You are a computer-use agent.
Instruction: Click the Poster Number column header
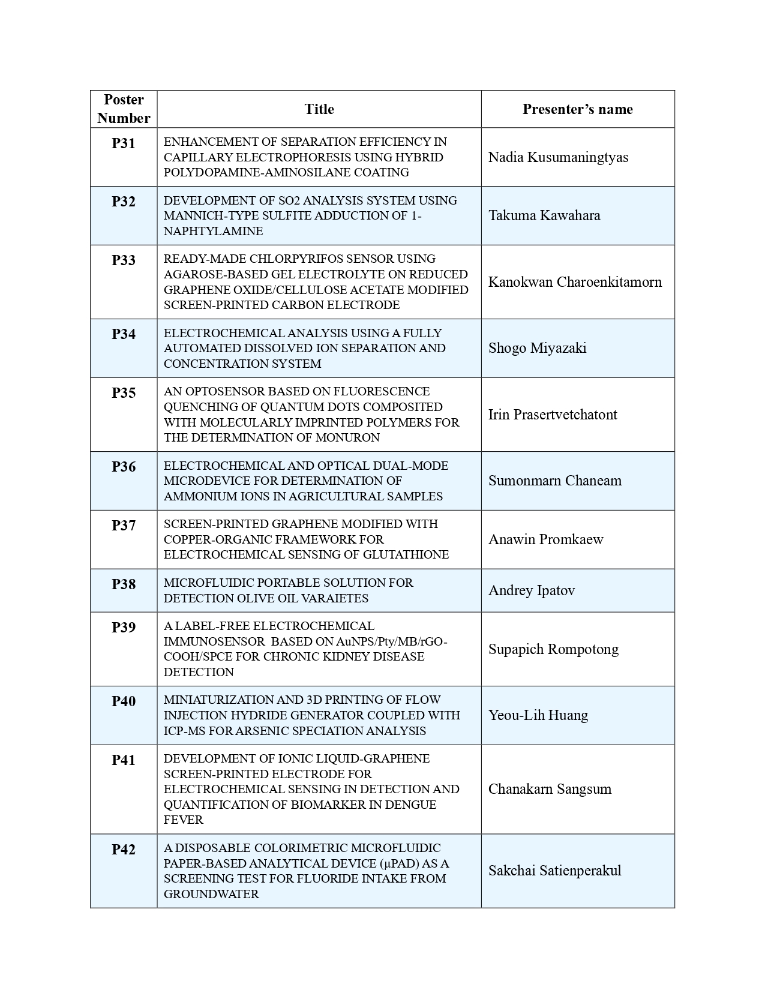tap(124, 109)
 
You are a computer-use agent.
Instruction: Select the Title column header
tap(319, 109)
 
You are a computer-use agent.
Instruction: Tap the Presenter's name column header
tap(577, 109)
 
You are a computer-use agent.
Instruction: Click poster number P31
tap(124, 143)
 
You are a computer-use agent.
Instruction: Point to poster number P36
tap(124, 467)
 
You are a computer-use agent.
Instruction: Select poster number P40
tap(124, 701)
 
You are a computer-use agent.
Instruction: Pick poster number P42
tap(124, 850)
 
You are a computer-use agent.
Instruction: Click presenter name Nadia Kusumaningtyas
tap(558, 157)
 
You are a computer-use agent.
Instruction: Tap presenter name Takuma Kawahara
tap(544, 215)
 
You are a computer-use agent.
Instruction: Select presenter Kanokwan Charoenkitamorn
tap(575, 282)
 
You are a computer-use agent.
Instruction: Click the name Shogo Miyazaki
tap(537, 348)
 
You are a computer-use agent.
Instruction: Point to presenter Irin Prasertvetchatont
tap(553, 415)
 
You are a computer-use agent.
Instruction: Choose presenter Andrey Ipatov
tap(532, 590)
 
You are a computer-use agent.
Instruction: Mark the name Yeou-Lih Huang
tap(538, 715)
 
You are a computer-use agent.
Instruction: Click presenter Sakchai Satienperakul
tap(554, 871)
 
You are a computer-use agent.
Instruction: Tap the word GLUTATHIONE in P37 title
tap(406, 554)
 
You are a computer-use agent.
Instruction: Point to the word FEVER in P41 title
tap(184, 820)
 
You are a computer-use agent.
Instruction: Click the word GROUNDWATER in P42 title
tap(211, 894)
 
